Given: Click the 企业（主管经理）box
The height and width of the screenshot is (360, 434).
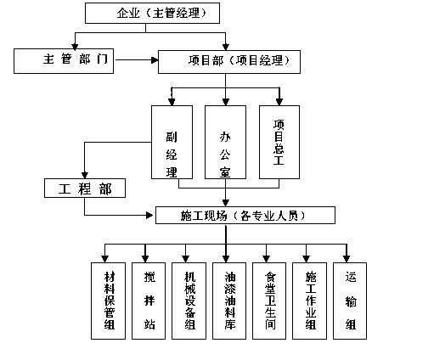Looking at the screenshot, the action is [x=152, y=13].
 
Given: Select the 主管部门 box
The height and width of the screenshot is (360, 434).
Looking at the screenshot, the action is [x=64, y=61].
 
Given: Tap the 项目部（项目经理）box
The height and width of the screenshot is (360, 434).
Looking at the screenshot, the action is [x=229, y=62].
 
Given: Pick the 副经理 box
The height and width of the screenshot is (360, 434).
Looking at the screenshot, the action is [x=172, y=142].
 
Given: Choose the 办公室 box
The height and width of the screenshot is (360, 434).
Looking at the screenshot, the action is [x=225, y=142].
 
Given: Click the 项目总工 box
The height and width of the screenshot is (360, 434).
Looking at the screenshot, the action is [x=279, y=142].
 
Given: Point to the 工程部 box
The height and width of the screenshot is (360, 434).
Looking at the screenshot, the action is [x=85, y=188].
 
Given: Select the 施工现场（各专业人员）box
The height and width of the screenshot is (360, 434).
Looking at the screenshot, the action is [x=245, y=216].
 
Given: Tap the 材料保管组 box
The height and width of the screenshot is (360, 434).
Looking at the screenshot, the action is [x=108, y=301].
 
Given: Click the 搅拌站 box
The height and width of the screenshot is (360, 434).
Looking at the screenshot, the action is [x=149, y=301].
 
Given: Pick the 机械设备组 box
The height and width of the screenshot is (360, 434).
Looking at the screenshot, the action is [x=189, y=301].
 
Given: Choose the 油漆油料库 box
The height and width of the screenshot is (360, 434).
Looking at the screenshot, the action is [x=229, y=301].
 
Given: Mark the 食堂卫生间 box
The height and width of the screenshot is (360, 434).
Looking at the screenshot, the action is [x=269, y=301].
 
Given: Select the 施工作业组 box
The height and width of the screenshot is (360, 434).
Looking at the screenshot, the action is [x=309, y=301].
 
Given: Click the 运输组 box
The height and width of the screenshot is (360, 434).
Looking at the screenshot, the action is [x=350, y=301].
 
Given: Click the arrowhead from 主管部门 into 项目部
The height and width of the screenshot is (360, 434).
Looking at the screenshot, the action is [x=155, y=60].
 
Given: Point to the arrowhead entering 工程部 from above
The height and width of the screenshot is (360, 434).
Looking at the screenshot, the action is [x=85, y=175].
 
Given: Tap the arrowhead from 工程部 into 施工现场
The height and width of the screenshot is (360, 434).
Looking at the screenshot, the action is [x=149, y=216].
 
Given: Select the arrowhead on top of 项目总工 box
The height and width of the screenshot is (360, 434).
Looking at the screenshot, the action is [x=279, y=102].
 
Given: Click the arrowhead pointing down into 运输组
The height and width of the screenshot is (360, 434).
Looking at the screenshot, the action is [x=347, y=259].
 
